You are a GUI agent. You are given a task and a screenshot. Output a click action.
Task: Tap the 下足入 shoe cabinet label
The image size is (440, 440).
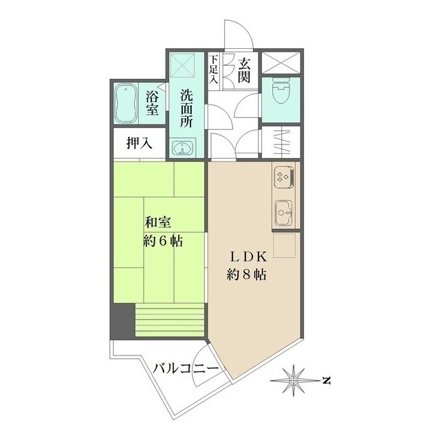point(214,69)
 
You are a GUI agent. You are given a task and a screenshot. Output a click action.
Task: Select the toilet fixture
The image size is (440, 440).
point(281,91)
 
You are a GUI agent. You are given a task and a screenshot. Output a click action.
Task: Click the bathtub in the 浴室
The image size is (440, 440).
point(126,104)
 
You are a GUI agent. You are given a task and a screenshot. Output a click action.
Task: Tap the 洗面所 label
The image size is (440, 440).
point(186,108)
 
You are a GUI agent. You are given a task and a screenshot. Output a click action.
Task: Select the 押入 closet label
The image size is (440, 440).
point(140,143)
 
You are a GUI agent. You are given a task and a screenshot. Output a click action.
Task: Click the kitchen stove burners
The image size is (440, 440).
point(284,177)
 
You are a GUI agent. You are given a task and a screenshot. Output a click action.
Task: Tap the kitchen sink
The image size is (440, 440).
point(284,213)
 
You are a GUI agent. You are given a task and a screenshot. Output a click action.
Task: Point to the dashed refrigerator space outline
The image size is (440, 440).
point(285,245)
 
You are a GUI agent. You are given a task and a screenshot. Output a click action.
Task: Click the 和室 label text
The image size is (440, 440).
point(157,223)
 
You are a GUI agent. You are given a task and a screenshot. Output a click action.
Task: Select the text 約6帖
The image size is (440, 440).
point(163,241)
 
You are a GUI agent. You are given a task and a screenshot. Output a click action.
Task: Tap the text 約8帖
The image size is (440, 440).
point(246,275)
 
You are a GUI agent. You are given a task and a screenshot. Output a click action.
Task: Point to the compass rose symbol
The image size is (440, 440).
point(294,380)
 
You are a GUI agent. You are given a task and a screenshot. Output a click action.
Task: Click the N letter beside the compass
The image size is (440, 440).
point(326,381)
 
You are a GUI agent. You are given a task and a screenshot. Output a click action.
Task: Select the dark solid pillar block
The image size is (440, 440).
point(122,321)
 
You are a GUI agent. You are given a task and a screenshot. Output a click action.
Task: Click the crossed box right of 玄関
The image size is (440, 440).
point(281,63)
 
